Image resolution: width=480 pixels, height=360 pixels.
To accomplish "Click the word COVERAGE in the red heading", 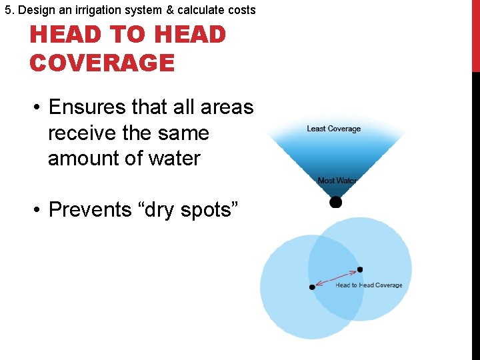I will point(102,63).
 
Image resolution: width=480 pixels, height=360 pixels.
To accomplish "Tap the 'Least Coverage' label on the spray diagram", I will point(333,129).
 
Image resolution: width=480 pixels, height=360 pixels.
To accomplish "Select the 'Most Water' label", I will point(337,181).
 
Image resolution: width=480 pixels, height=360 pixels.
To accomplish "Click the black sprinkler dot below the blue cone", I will point(336,201).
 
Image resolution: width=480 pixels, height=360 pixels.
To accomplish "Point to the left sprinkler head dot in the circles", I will point(312,287).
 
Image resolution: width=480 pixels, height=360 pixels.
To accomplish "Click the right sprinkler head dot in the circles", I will point(360,269).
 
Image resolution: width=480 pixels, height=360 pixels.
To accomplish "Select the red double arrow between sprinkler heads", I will point(336,278).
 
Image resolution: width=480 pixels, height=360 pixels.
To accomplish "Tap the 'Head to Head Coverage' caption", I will point(369,285).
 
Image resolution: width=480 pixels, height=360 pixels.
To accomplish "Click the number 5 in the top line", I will point(7,10).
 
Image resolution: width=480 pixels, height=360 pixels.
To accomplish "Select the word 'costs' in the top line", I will point(241,10).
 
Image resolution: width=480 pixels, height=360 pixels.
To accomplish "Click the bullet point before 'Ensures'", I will point(39,108).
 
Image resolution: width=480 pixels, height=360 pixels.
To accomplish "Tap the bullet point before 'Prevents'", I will point(39,210).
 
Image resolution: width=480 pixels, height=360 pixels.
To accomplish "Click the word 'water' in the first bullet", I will point(174,159).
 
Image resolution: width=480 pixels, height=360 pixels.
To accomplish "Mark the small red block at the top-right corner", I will point(475,36).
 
